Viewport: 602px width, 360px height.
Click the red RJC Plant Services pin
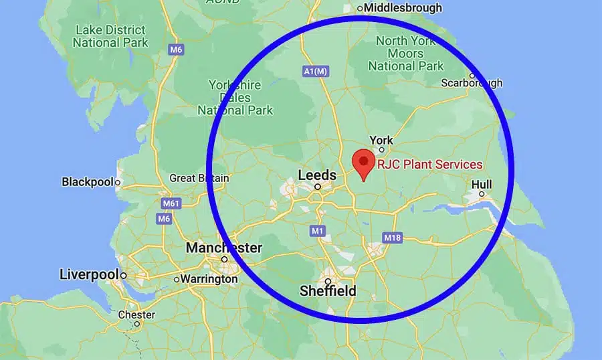(x=363, y=161)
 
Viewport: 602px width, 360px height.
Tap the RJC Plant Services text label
(x=429, y=164)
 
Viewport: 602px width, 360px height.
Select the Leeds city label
(x=316, y=175)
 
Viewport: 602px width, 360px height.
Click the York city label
(x=381, y=141)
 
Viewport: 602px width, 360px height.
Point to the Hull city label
(x=481, y=184)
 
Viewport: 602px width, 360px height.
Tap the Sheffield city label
(x=328, y=291)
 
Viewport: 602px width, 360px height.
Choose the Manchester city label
(x=224, y=248)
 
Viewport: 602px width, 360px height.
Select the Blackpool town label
(x=88, y=181)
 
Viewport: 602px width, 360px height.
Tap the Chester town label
(x=136, y=314)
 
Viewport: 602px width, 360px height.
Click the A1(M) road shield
(x=316, y=70)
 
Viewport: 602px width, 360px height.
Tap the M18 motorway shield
(x=391, y=238)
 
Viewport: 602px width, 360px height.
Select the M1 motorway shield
(x=317, y=231)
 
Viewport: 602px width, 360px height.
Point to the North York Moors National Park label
(x=406, y=54)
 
